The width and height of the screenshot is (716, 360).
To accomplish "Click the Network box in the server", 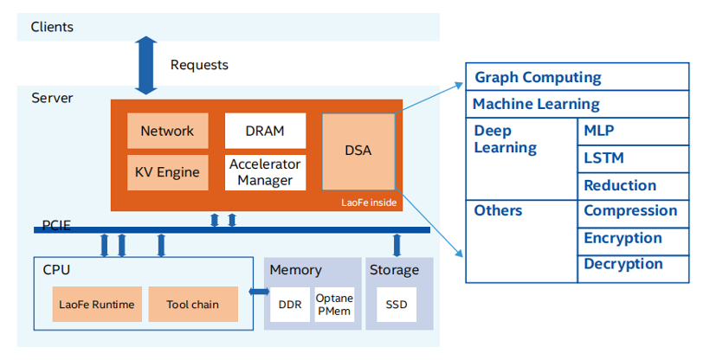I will [x=167, y=131].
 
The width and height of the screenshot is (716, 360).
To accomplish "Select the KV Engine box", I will [x=167, y=171].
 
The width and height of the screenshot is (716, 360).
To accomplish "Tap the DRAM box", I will [x=265, y=131].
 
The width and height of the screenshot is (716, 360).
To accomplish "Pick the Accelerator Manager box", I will [x=265, y=171].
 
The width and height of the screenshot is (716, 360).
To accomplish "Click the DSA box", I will [x=358, y=151].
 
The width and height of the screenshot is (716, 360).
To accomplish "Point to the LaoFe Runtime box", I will [x=96, y=304].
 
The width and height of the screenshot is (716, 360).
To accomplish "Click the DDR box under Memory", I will [x=289, y=304].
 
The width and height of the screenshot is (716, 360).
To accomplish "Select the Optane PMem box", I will [x=333, y=304].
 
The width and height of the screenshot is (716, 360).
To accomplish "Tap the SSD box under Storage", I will [x=397, y=304].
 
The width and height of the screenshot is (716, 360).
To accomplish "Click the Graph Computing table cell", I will [x=577, y=77].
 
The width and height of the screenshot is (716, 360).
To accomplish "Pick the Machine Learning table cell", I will [x=577, y=104].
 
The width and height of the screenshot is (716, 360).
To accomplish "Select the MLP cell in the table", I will [x=633, y=131].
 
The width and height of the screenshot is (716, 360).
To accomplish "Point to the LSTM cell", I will [x=633, y=158].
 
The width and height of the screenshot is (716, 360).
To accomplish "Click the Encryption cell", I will [x=633, y=238].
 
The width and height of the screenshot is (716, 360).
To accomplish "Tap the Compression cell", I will [x=633, y=211].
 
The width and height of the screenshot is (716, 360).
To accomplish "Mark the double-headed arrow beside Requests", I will [x=145, y=65].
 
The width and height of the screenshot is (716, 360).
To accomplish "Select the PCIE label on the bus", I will [x=58, y=227].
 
